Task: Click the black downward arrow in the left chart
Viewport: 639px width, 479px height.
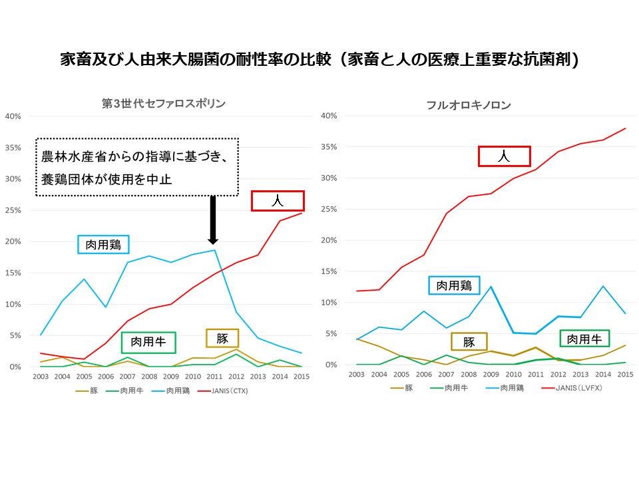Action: (x=213, y=220)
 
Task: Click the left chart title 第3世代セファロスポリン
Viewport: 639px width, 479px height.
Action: (x=163, y=103)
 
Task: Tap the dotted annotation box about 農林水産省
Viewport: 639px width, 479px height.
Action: (x=136, y=167)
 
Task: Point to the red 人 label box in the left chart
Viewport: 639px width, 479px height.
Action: (x=278, y=201)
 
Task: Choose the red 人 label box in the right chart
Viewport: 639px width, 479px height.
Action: (x=505, y=156)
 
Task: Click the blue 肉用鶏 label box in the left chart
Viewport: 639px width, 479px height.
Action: (x=103, y=244)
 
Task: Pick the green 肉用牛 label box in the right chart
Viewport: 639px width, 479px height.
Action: (x=584, y=339)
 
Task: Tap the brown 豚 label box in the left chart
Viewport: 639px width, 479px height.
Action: (x=222, y=338)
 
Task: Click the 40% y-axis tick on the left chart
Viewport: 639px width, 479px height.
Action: (x=13, y=116)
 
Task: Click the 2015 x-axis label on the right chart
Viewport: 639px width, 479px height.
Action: (x=625, y=375)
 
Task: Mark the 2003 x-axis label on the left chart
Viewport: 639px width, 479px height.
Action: (x=40, y=376)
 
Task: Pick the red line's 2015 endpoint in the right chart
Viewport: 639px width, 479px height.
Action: (x=625, y=128)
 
